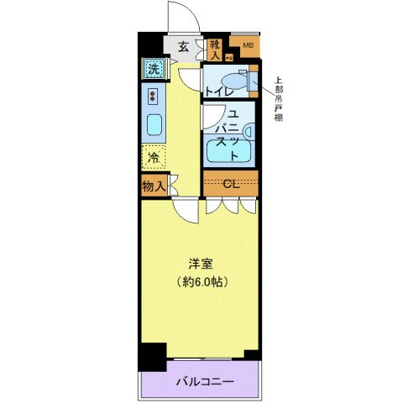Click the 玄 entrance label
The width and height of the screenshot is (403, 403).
coord(182,47)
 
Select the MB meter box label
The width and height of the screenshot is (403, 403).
coord(248,45)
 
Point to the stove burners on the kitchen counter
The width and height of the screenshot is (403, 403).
coord(154,94)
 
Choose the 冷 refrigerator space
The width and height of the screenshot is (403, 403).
coord(154,156)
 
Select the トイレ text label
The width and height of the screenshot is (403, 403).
coord(218,92)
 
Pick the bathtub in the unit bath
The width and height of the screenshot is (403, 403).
coord(230,150)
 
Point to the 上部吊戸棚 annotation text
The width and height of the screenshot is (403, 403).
coord(278,102)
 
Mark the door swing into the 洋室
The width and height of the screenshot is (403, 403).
coord(186,210)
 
